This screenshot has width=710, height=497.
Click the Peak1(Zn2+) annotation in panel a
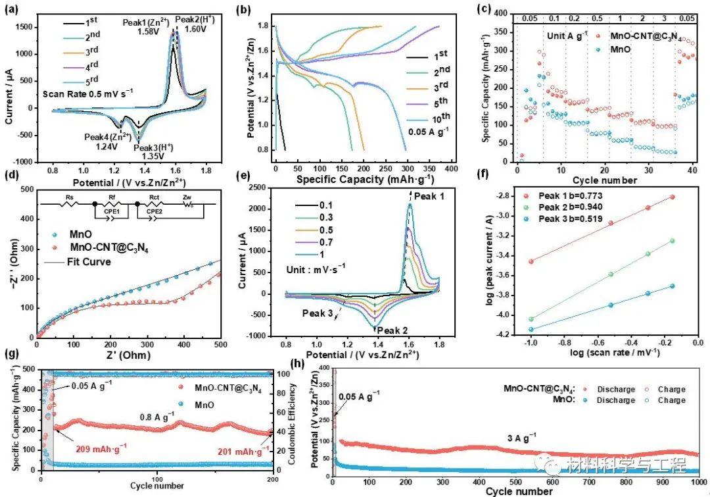click(x=145, y=23)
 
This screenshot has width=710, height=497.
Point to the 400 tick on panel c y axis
click(x=504, y=13)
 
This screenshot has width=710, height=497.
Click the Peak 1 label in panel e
click(x=433, y=196)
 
